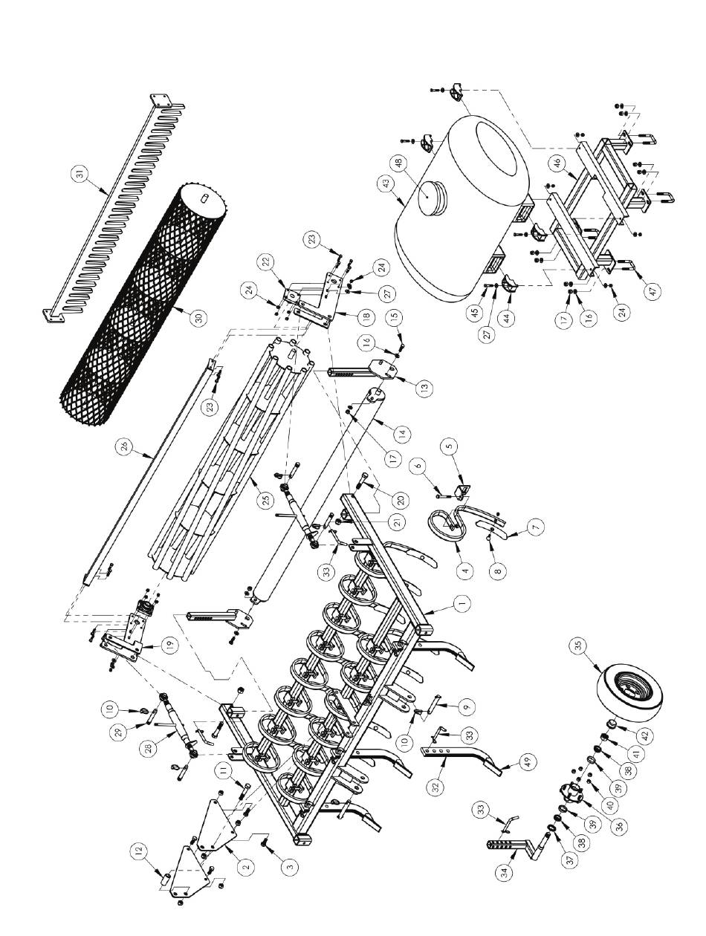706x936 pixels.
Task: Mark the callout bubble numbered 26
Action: tap(124, 448)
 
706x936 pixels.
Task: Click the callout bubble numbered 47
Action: tap(653, 291)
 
